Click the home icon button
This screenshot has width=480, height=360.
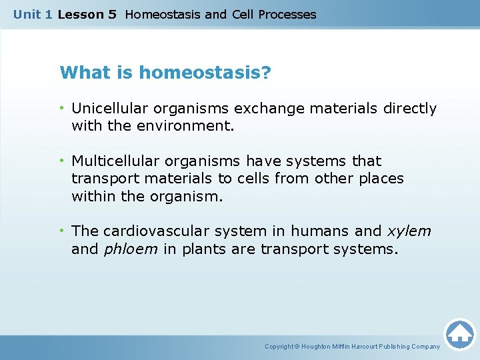pyautogui.click(x=459, y=333)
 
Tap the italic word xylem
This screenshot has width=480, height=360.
pyautogui.click(x=409, y=231)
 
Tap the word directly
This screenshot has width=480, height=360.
pyautogui.click(x=410, y=108)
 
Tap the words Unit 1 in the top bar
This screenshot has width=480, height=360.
pyautogui.click(x=32, y=14)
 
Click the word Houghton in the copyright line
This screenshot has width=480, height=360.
pyautogui.click(x=317, y=346)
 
